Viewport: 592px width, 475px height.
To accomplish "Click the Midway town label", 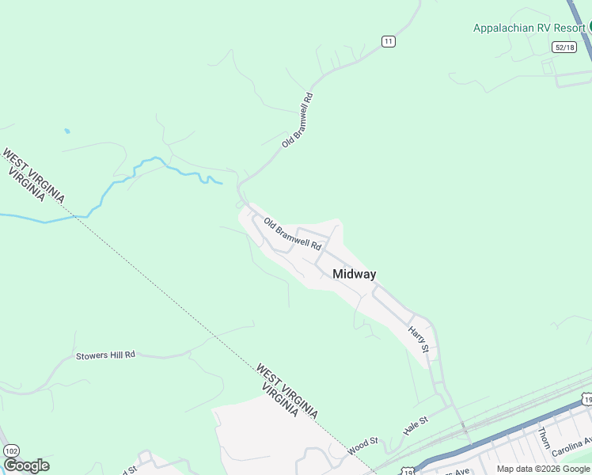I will click(354, 274).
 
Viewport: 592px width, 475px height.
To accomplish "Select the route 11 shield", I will click(388, 41).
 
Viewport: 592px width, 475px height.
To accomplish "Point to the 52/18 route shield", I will click(564, 47).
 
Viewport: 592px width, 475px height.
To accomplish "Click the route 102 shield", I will click(11, 450).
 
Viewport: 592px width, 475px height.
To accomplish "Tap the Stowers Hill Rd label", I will click(105, 355).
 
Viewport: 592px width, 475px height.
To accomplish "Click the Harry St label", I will click(419, 338).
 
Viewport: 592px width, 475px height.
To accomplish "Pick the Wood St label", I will click(363, 445).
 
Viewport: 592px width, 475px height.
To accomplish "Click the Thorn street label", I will click(544, 437).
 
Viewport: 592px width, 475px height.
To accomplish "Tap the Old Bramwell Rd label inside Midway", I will click(292, 234).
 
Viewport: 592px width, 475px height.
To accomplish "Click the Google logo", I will click(26, 465).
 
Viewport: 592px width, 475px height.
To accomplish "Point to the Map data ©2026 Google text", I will click(543, 469).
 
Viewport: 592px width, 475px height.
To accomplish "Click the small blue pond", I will click(66, 131).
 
